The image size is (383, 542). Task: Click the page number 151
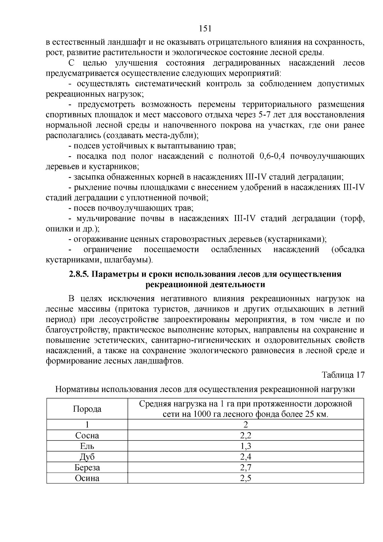click(205, 29)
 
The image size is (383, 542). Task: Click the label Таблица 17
click(343, 375)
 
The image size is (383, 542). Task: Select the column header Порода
click(87, 409)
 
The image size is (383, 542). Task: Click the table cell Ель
click(87, 446)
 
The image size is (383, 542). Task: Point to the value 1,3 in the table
click(245, 446)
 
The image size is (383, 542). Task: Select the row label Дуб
click(87, 457)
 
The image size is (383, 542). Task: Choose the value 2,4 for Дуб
click(245, 457)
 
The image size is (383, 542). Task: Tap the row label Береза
click(87, 468)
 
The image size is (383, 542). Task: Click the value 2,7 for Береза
click(245, 468)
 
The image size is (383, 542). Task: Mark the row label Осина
click(87, 478)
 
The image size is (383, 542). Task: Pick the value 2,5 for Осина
click(245, 478)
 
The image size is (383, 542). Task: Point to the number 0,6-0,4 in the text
click(272, 156)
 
